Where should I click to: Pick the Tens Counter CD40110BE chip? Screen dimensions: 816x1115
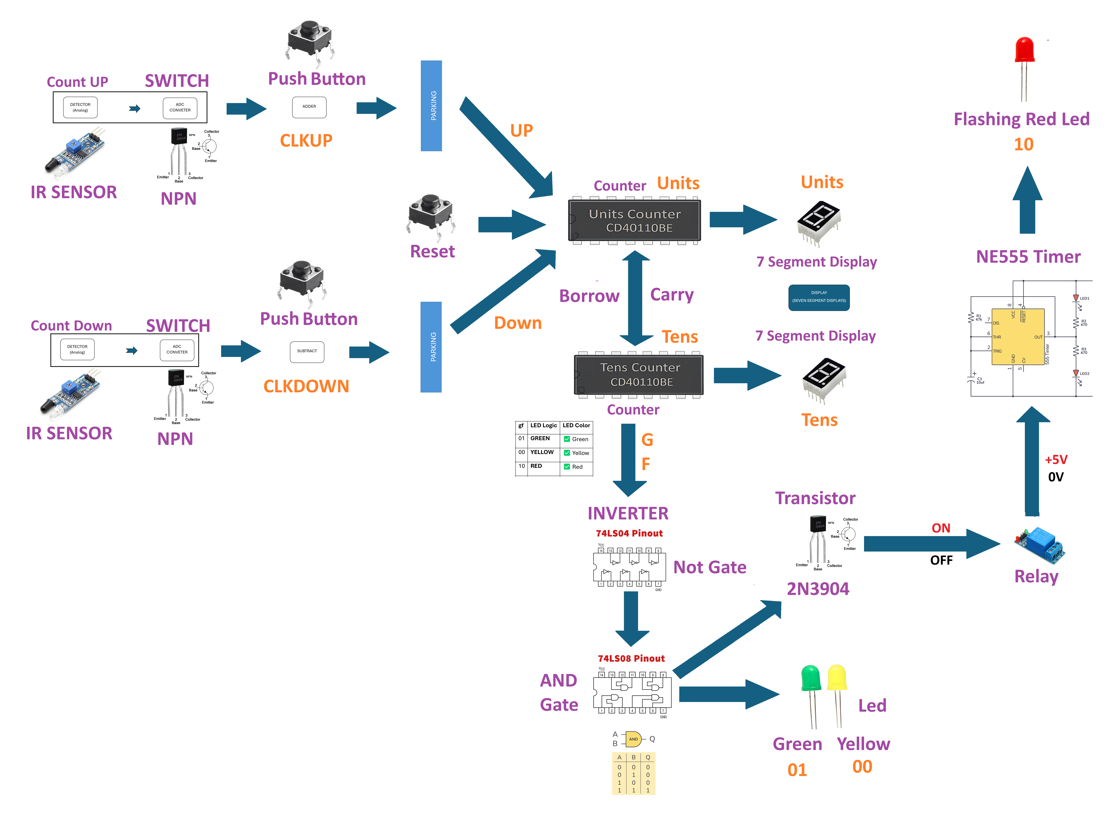639,375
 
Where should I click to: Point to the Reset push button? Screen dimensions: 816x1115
431,212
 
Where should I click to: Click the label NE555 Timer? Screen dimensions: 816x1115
1028,257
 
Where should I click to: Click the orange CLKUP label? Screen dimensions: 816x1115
306,141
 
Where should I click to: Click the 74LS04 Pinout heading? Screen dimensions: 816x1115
629,533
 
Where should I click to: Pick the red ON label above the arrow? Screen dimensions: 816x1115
940,528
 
